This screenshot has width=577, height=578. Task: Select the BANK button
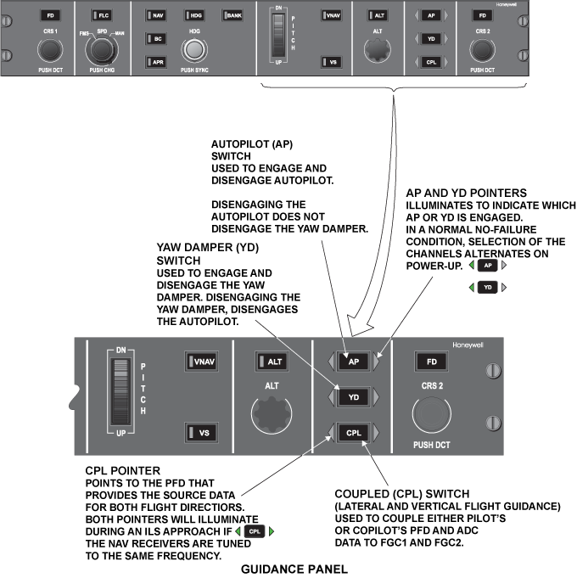(x=232, y=15)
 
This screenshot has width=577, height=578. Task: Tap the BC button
(x=156, y=38)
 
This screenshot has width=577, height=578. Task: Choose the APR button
(x=156, y=62)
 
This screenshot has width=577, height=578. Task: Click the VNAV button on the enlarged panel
(x=200, y=362)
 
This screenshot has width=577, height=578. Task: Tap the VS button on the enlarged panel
(x=200, y=433)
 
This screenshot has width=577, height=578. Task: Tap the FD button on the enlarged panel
(x=430, y=362)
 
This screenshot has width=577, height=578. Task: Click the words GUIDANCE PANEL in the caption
(x=290, y=570)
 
